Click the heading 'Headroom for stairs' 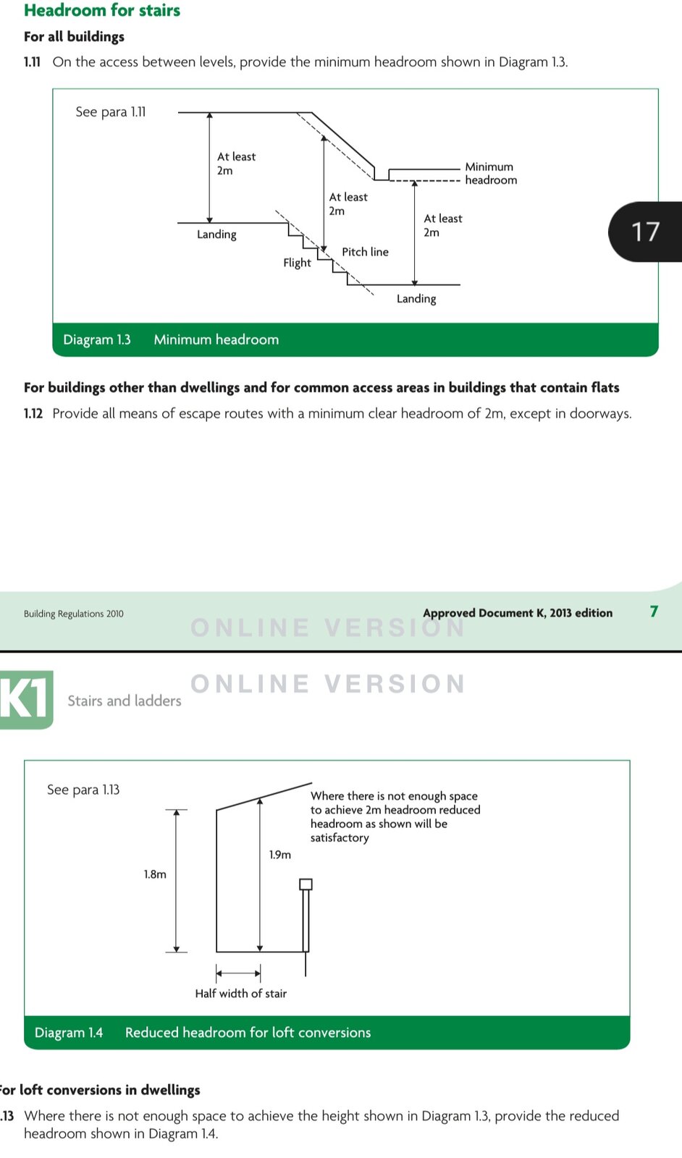coord(102,10)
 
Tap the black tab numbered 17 coord(645,232)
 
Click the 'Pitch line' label coord(365,252)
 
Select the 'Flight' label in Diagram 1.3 coord(297,263)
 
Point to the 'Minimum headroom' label coord(490,174)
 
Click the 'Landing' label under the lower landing coord(416,298)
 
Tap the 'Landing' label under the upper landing coord(216,234)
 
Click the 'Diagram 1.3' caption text coord(97,339)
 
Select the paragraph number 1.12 coord(33,414)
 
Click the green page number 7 coord(654,612)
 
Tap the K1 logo coord(26,699)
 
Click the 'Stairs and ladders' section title coord(125,701)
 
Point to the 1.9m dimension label coord(280,855)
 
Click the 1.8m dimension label coord(155,874)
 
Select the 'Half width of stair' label coord(240,994)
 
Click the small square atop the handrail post coord(306,884)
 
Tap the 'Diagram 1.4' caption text coord(69,1033)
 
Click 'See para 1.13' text coord(83,790)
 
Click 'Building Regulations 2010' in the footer coord(73,614)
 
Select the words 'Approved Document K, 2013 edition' coord(518,613)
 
